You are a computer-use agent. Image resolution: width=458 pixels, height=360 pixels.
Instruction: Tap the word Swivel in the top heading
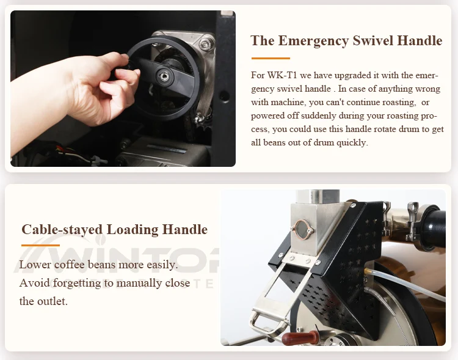coord(372,41)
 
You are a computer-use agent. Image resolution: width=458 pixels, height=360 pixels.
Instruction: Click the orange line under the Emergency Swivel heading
coord(270,59)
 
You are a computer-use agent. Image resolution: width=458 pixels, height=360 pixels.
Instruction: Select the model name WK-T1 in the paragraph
coord(280,75)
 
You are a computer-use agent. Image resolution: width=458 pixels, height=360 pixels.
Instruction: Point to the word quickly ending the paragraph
coord(350,142)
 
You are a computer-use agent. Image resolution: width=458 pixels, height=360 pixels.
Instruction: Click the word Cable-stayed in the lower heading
coord(62,230)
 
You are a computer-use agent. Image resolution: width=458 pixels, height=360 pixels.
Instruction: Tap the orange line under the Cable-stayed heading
coord(40,245)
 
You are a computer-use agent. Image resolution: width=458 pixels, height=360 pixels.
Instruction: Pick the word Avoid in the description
coord(34,283)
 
